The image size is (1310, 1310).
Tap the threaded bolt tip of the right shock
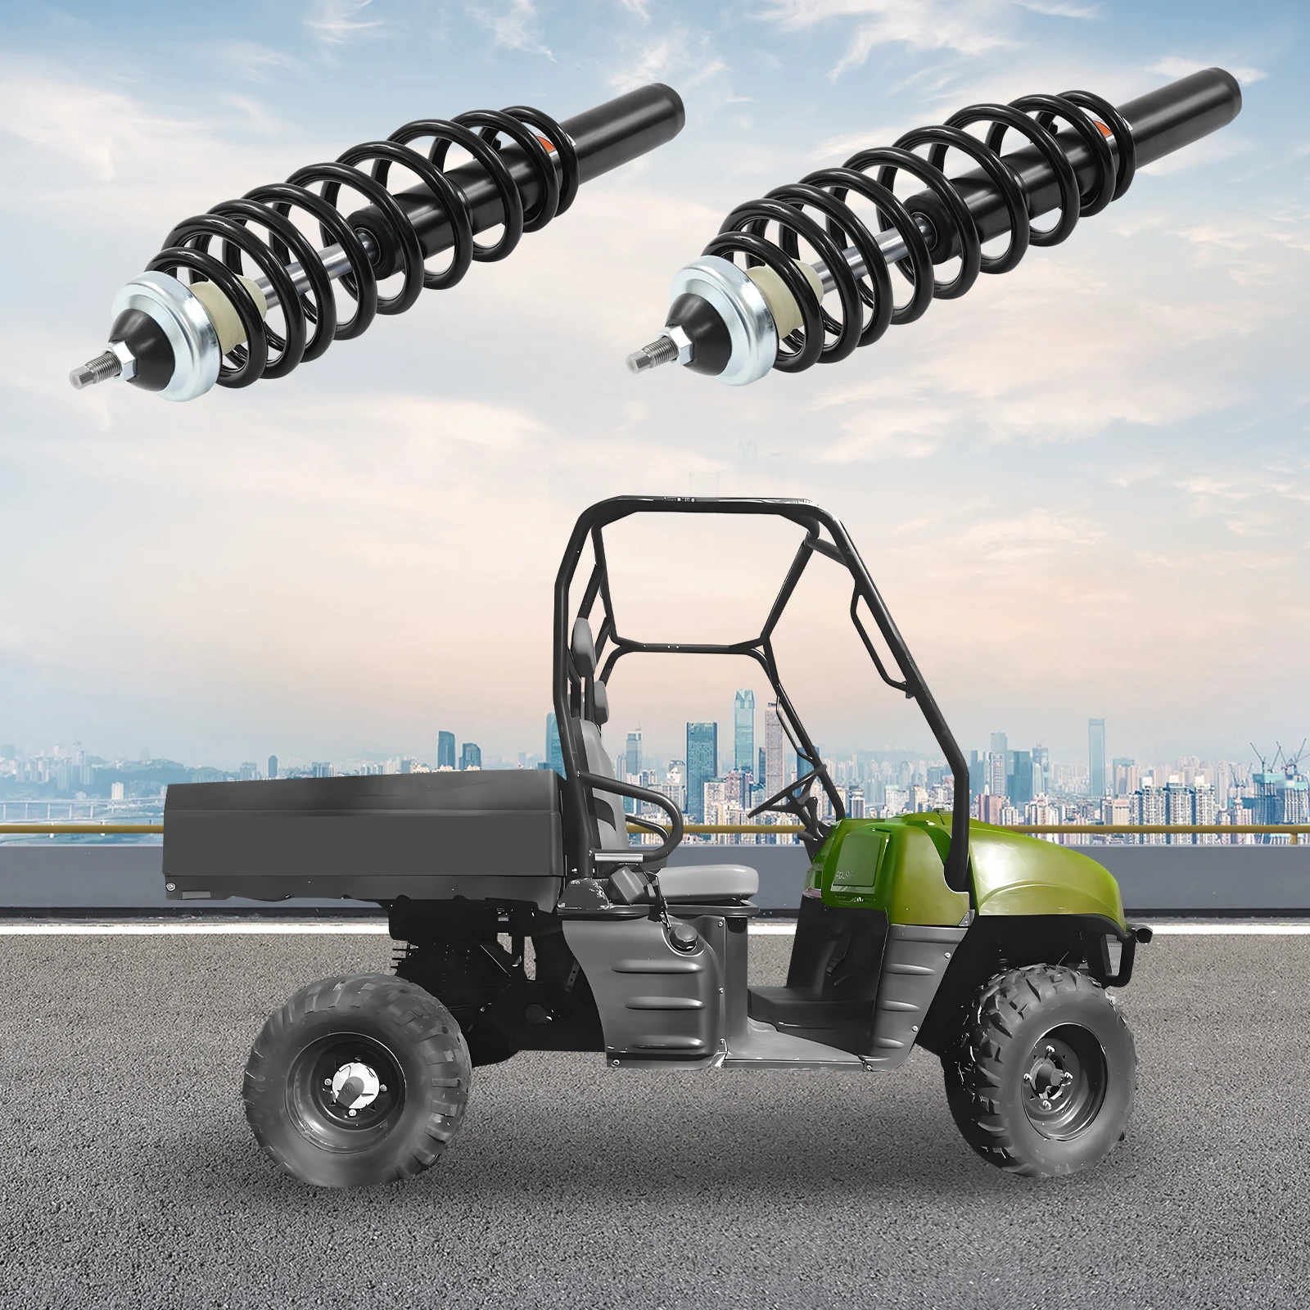[644, 358]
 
